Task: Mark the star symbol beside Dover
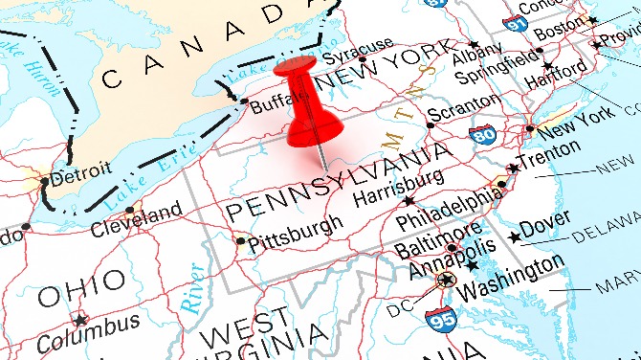pos(516,236)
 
